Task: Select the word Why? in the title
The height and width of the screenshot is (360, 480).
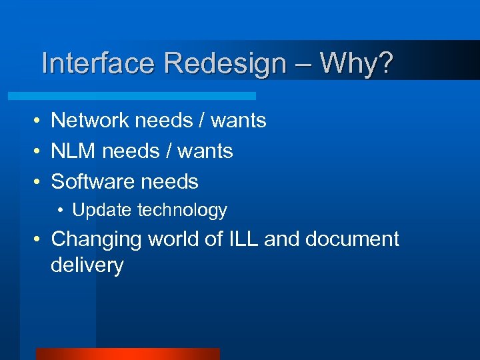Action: pos(357,64)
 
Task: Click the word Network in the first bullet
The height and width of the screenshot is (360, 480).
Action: pos(90,120)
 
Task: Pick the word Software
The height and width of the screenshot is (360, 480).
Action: pos(94,181)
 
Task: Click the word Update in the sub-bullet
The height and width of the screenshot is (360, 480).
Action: pos(102,211)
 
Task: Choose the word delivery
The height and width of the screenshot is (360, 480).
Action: pos(87,265)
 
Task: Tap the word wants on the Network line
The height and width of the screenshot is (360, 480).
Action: pos(239,121)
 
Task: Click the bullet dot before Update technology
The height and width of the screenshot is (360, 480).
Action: pos(61,211)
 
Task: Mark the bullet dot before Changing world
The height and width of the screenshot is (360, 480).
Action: pos(39,239)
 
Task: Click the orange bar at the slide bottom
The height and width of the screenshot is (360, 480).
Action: pos(127,354)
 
